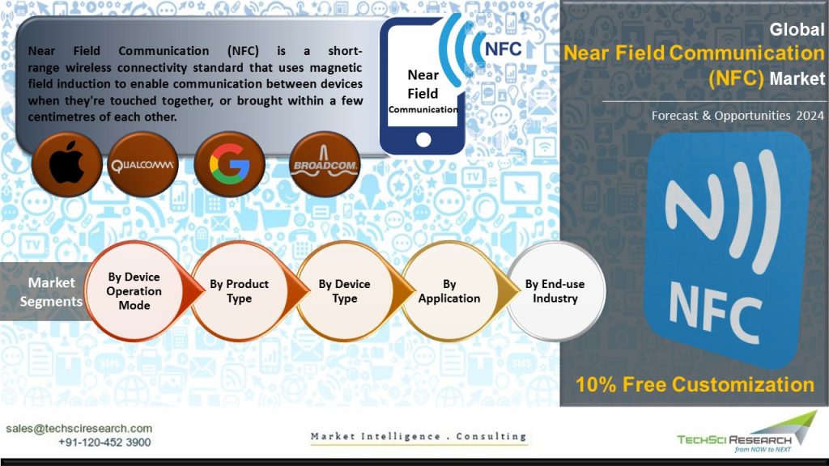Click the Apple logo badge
66,164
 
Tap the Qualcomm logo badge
142,164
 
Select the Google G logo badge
229,164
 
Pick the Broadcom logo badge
325,164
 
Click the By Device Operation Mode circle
134,291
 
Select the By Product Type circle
239,291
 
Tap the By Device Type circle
344,291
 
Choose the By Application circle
449,291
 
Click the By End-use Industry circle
555,291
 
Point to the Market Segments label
51,291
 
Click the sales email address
79,429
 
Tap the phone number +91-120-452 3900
104,443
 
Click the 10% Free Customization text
695,384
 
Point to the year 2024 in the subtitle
810,115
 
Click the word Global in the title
797,29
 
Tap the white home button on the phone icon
423,139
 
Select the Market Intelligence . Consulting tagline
419,436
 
